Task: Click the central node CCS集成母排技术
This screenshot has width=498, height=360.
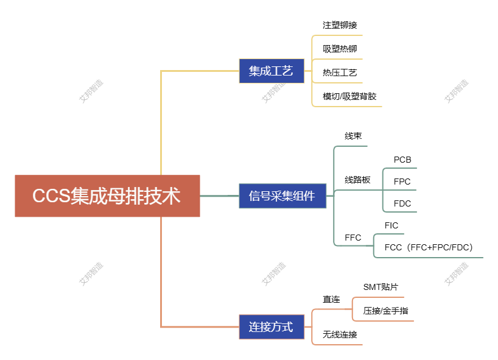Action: click(107, 196)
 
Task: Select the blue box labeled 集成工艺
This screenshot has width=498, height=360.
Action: click(271, 71)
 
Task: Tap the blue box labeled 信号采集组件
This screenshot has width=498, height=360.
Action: click(282, 196)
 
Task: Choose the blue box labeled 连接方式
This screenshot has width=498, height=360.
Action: click(271, 327)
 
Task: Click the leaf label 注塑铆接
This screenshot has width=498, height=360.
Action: click(340, 26)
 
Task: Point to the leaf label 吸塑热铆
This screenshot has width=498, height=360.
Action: click(340, 49)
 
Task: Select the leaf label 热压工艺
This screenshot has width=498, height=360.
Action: click(340, 72)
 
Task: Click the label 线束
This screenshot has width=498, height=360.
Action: click(353, 136)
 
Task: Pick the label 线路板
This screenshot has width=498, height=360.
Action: click(357, 180)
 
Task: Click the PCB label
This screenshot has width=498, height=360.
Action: click(402, 160)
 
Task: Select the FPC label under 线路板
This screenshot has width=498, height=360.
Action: click(402, 182)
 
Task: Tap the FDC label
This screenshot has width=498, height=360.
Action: click(402, 203)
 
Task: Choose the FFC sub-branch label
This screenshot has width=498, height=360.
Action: click(353, 238)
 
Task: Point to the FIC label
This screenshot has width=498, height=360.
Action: click(391, 225)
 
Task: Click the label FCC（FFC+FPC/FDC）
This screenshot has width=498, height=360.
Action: click(429, 247)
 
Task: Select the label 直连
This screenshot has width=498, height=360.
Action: click(331, 299)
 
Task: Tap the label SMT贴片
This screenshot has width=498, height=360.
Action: click(381, 287)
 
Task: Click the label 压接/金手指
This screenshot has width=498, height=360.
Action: click(385, 311)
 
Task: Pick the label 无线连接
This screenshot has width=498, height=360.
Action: click(340, 334)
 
